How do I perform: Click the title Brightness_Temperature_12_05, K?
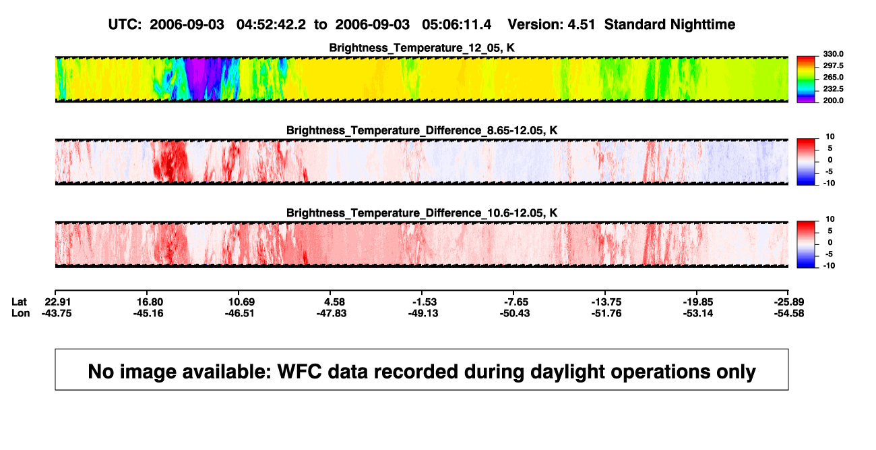pyautogui.click(x=422, y=48)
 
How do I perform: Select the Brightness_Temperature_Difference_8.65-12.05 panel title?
pyautogui.click(x=422, y=130)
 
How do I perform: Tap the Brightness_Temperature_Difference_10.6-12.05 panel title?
pyautogui.click(x=422, y=213)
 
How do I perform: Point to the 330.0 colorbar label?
pyautogui.click(x=833, y=54)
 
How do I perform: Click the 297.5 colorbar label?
pyautogui.click(x=833, y=65)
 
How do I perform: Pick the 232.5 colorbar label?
pyautogui.click(x=833, y=89)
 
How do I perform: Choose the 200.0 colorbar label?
pyautogui.click(x=833, y=101)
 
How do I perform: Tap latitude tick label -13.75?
pyautogui.click(x=606, y=302)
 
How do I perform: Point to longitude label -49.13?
pyautogui.click(x=423, y=313)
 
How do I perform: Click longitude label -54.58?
pyautogui.click(x=789, y=313)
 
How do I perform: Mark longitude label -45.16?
pyautogui.click(x=148, y=313)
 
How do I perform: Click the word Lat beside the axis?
pyautogui.click(x=19, y=302)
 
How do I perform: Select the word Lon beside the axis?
pyautogui.click(x=21, y=313)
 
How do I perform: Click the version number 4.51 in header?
pyautogui.click(x=581, y=25)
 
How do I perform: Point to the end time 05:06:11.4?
pyautogui.click(x=456, y=25)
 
